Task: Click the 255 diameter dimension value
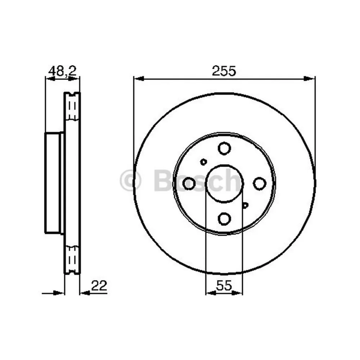224,71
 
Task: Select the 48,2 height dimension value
62,71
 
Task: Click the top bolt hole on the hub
224,148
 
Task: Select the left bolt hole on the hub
189,183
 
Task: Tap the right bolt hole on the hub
259,183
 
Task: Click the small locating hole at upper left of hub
203,162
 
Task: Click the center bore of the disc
224,183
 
